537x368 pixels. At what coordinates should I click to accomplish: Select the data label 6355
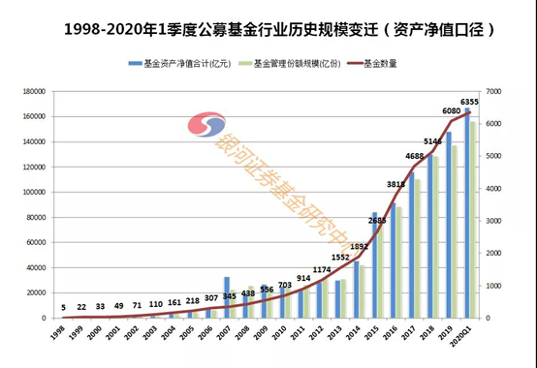pyautogui.click(x=470, y=102)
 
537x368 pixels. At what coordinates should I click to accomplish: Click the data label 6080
pyautogui.click(x=452, y=111)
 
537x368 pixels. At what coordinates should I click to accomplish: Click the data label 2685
pyautogui.click(x=377, y=221)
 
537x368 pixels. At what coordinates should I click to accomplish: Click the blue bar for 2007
pyautogui.click(x=227, y=297)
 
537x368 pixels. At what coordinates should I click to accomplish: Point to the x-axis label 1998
pyautogui.click(x=59, y=332)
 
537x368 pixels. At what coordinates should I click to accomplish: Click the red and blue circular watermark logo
pyautogui.click(x=202, y=130)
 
